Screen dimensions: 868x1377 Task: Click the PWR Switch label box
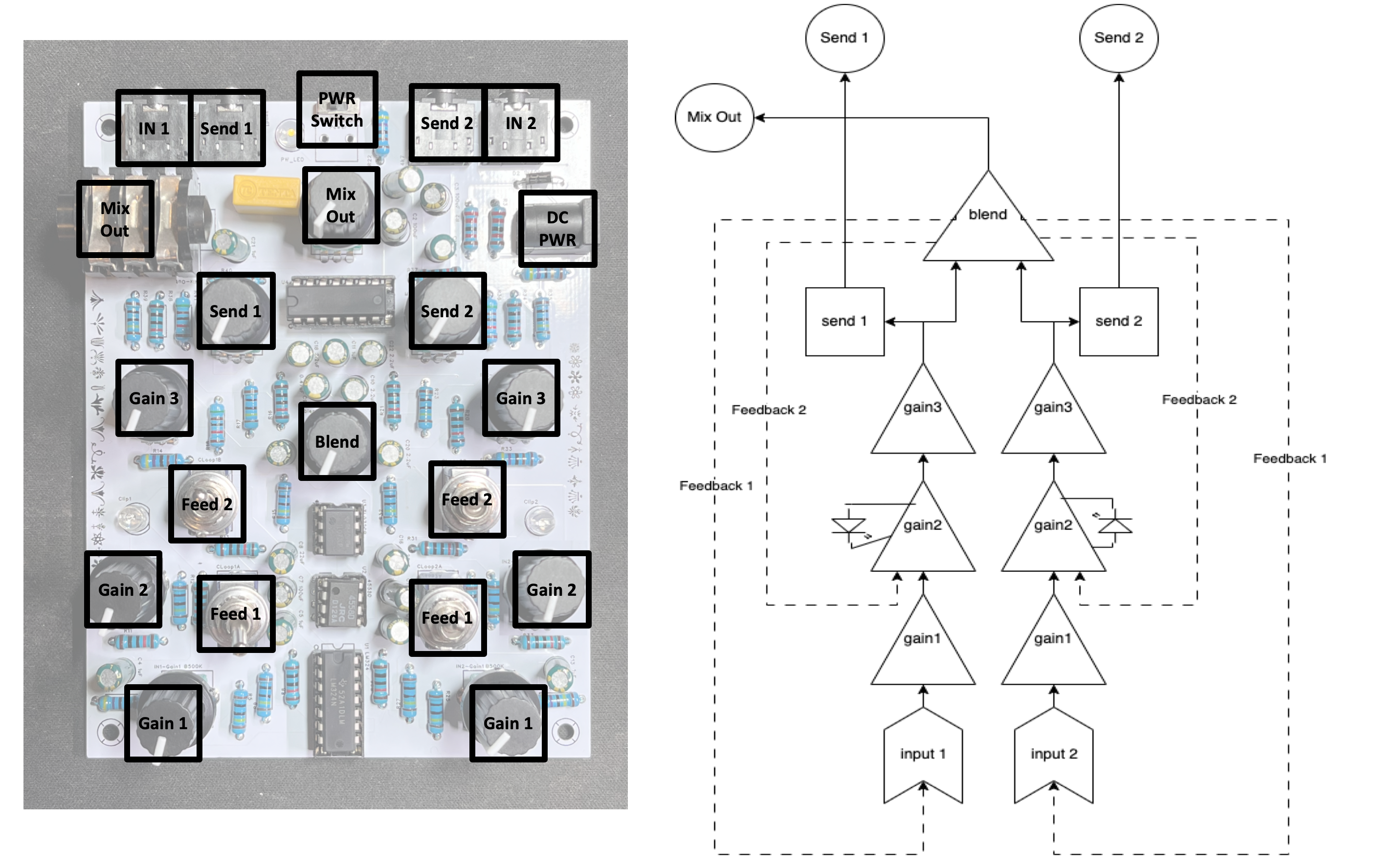[337, 109]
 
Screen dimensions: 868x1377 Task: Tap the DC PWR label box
[557, 229]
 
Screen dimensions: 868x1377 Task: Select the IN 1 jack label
[153, 128]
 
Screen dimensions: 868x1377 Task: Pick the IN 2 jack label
[520, 122]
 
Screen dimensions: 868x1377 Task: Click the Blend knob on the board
[337, 441]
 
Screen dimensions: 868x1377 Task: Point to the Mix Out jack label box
[115, 219]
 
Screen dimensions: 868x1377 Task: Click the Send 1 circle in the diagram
[844, 38]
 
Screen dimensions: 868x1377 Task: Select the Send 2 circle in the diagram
[1118, 38]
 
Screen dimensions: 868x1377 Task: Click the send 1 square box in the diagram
[844, 321]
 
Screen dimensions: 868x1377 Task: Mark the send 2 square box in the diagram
[1118, 321]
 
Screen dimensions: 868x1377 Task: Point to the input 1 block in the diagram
[922, 754]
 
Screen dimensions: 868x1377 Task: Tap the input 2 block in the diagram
[1053, 754]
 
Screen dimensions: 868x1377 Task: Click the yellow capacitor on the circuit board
[266, 193]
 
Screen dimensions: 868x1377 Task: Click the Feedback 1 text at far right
[1289, 458]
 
